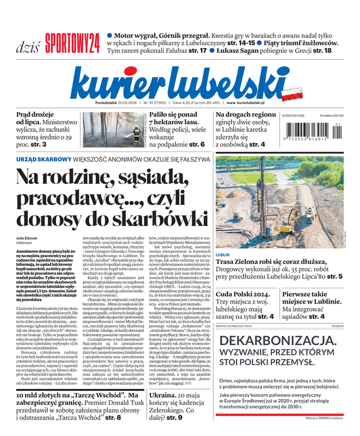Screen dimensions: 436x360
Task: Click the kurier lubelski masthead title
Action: pos(177,82)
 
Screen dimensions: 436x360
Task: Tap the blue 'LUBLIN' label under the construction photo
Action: pos(223,255)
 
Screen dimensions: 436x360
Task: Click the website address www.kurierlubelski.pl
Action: pos(246,103)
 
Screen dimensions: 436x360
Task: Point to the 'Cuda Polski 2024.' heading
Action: pos(242,294)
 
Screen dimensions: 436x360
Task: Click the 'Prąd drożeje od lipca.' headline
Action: pos(35,119)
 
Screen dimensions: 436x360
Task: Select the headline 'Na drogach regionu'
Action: pos(246,114)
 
